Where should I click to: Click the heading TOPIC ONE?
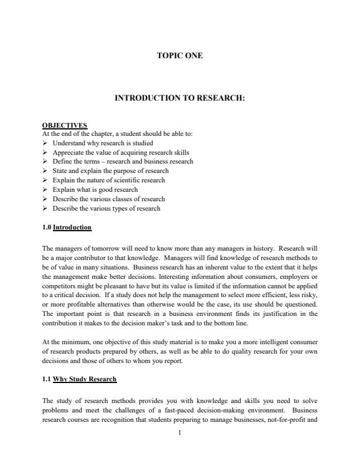(179, 56)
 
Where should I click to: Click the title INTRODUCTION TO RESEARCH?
(179, 99)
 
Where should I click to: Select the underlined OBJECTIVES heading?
(65, 125)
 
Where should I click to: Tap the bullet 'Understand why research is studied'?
(103, 143)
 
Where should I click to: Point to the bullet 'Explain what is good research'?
(95, 189)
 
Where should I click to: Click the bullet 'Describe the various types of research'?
(106, 208)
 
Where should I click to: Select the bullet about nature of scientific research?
(109, 180)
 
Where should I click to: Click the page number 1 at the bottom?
(180, 434)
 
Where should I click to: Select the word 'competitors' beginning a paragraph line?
(58, 286)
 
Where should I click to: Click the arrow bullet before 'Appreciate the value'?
(46, 152)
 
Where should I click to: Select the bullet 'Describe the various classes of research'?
(109, 199)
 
